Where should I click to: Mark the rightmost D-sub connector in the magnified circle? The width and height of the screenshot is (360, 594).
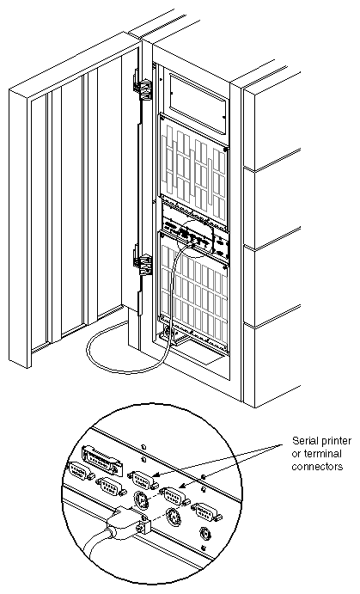coord(207,514)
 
